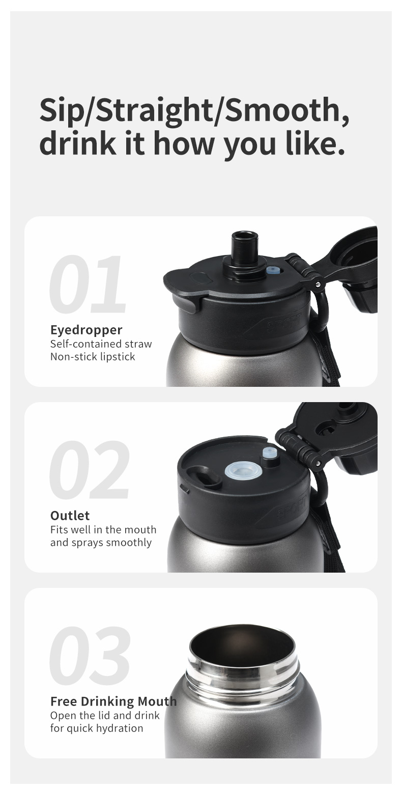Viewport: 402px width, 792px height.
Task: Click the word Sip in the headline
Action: point(60,110)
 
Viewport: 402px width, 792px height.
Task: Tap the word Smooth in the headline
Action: point(283,110)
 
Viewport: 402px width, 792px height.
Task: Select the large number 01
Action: point(88,284)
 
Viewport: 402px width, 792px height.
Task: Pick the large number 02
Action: point(90,469)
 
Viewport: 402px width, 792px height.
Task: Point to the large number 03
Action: point(90,655)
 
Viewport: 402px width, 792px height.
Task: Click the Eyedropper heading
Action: point(87,330)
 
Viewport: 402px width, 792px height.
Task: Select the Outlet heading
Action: point(70,515)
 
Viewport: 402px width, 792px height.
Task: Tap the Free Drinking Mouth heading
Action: point(113,701)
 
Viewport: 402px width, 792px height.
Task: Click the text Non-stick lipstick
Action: point(93,356)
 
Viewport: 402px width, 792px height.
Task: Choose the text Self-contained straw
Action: point(101,344)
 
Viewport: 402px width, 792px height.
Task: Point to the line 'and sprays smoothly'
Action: point(101,543)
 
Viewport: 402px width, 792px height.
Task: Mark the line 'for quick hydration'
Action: point(97,728)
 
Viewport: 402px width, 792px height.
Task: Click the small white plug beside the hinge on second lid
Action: point(269,454)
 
